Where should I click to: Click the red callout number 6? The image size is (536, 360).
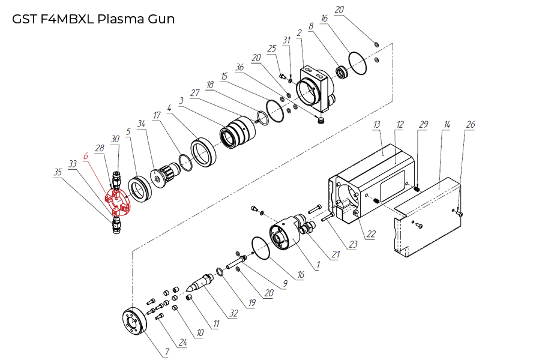click(x=86, y=155)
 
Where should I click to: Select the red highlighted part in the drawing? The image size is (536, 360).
click(x=118, y=203)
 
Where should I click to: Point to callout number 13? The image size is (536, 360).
click(x=377, y=124)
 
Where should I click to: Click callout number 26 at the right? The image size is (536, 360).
click(x=471, y=125)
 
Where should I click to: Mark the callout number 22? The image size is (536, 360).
click(x=371, y=234)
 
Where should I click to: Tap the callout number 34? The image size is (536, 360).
click(x=142, y=124)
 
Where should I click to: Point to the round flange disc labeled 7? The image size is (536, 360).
click(x=133, y=322)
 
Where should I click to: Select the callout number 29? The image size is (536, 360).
click(x=423, y=124)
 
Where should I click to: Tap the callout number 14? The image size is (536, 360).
click(x=447, y=124)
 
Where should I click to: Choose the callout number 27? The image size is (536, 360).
click(x=194, y=93)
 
